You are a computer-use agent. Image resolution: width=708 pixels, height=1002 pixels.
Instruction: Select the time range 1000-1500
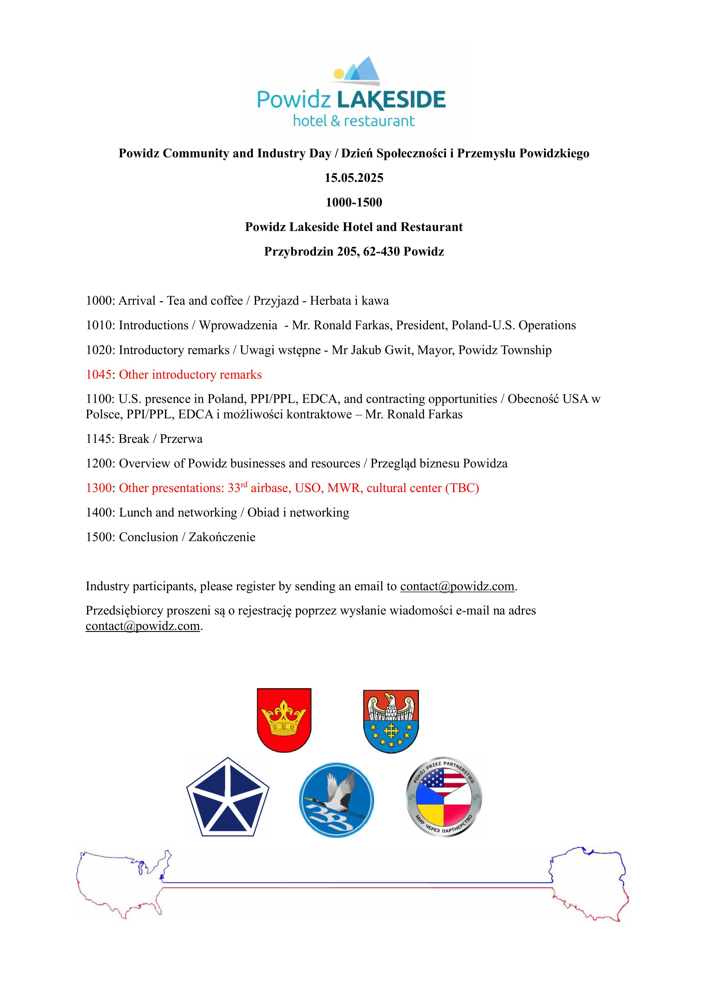coord(354,202)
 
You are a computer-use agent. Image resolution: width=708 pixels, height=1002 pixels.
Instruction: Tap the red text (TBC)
coord(462,488)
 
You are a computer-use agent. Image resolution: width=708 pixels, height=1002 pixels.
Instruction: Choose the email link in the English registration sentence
coord(457,587)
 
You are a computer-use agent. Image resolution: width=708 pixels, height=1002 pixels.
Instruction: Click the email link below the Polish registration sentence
coord(143,626)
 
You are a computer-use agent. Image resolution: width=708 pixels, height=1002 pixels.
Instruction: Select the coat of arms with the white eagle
coord(391,721)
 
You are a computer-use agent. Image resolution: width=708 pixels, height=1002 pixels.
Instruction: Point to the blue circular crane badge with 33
coord(336,800)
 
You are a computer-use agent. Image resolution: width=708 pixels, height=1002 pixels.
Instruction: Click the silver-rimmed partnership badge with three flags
coord(444,797)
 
